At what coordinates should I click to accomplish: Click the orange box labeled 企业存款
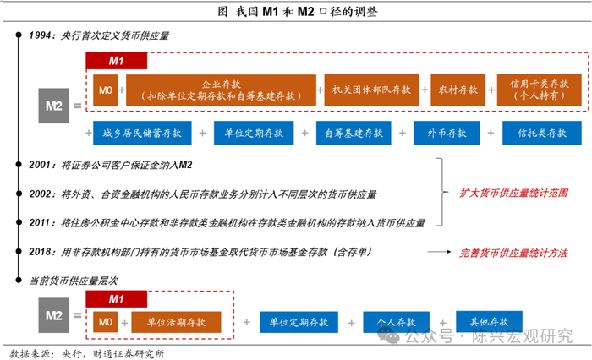tap(221, 90)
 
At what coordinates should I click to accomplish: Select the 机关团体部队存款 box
tap(371, 90)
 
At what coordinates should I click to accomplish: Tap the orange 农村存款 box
tap(458, 90)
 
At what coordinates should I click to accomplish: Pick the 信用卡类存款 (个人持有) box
tap(540, 90)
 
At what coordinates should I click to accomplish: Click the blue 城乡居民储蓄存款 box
tap(142, 133)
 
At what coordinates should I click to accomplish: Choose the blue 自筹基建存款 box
tap(354, 133)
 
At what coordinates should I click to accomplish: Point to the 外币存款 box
tap(447, 133)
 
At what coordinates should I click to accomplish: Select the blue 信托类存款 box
tap(542, 133)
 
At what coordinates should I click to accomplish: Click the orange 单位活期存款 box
tap(176, 322)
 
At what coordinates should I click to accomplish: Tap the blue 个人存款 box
tap(396, 322)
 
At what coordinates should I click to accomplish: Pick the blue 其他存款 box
tap(489, 321)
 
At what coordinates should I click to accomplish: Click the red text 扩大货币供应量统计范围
tap(513, 194)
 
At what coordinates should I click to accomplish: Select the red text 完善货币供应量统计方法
tap(513, 253)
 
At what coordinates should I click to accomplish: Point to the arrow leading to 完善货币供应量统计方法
tap(439, 252)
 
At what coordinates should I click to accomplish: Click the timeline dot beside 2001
tap(19, 165)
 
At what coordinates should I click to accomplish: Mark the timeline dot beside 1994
tap(19, 35)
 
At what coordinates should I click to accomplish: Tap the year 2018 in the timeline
tap(40, 252)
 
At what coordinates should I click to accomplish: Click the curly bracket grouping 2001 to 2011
tap(441, 192)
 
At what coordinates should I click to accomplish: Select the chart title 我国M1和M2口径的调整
tap(298, 12)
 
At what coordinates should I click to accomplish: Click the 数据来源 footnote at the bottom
tap(87, 353)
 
